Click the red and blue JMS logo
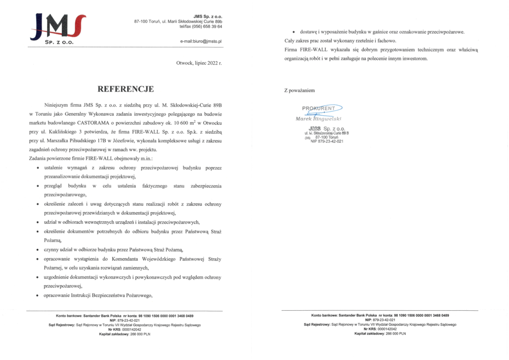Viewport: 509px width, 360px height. coord(58,28)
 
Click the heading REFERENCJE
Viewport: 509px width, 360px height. coord(126,90)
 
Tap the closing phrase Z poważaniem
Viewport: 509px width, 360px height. coord(299,90)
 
